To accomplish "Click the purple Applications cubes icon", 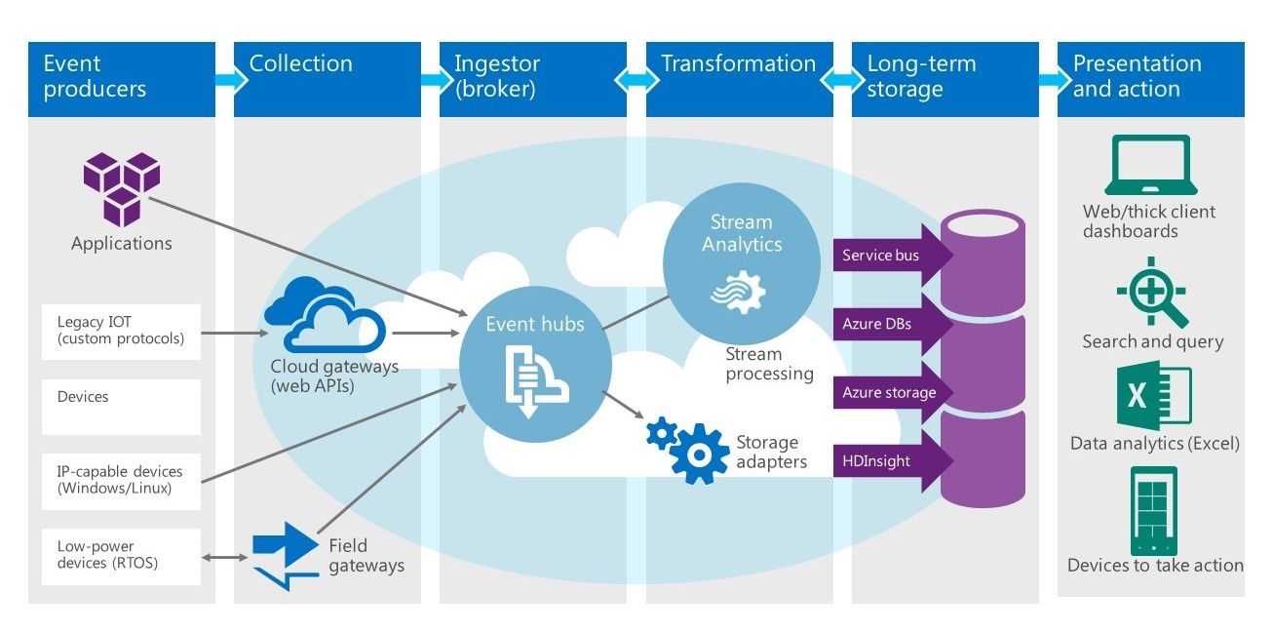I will pyautogui.click(x=121, y=188).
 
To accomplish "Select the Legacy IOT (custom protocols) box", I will pyautogui.click(x=121, y=332).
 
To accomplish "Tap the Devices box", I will pyautogui.click(x=121, y=407).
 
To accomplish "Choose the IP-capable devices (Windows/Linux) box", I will pyautogui.click(x=121, y=480).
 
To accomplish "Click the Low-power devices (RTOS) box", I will pyautogui.click(x=121, y=556).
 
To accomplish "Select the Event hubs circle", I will pyautogui.click(x=535, y=368).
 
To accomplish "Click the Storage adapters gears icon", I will pyautogui.click(x=688, y=449).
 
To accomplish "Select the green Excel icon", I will pyautogui.click(x=1153, y=395).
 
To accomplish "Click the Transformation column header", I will pyautogui.click(x=739, y=77).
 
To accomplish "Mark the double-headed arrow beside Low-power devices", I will pyautogui.click(x=223, y=557).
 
